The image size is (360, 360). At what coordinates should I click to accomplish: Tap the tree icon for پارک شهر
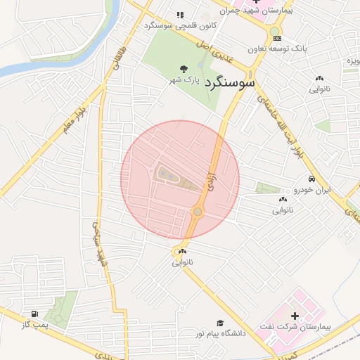click(184, 69)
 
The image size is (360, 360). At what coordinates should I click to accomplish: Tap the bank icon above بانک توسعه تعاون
click(277, 38)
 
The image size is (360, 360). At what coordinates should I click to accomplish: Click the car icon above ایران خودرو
click(311, 179)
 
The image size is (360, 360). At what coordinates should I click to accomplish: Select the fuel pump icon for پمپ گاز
click(33, 314)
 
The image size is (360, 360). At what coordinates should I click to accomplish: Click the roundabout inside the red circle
click(198, 211)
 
